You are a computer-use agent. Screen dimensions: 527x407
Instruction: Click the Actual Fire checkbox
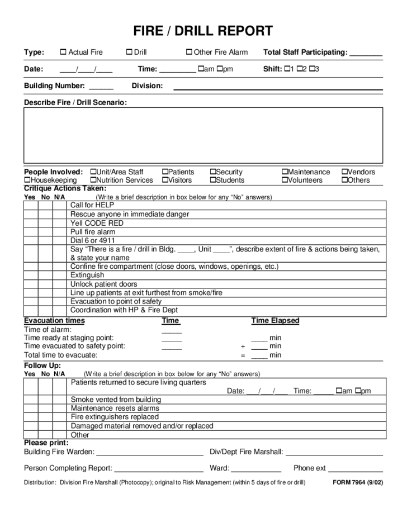point(63,53)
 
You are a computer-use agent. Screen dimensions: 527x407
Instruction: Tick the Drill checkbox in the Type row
point(129,53)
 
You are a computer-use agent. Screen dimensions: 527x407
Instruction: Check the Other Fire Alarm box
point(189,53)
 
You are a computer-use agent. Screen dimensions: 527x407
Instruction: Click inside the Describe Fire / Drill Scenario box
point(203,135)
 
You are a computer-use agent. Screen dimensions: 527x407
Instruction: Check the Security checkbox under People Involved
point(213,172)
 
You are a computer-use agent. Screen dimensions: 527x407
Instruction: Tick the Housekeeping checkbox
point(27,181)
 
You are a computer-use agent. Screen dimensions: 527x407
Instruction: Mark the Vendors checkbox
point(344,172)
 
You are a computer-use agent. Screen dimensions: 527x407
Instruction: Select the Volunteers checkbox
point(285,181)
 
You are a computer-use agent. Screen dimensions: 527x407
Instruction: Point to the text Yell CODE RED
point(97,223)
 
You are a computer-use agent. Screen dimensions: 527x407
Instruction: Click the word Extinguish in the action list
point(87,276)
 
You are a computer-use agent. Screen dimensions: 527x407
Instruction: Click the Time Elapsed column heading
point(275,321)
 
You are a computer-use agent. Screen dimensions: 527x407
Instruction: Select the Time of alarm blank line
point(172,331)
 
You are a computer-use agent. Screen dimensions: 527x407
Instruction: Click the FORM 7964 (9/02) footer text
point(358,482)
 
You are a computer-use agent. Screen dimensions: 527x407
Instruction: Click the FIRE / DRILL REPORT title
point(203,31)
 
